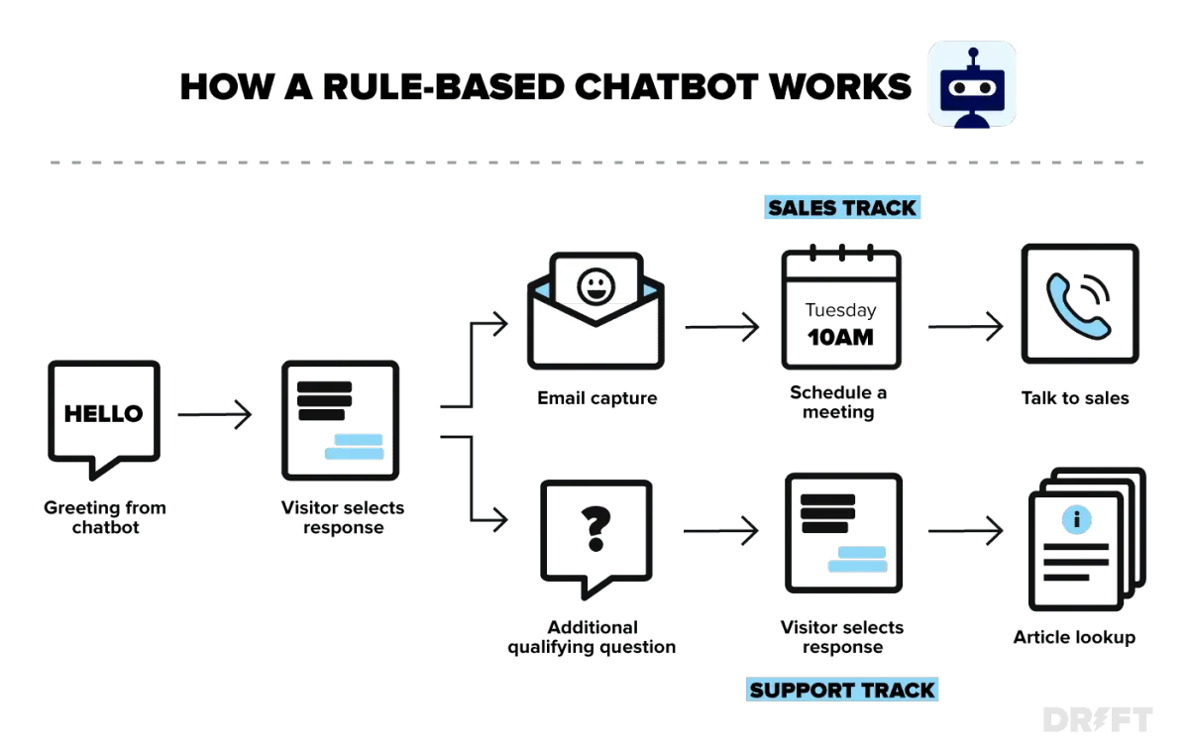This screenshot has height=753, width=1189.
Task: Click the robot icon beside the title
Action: click(x=972, y=84)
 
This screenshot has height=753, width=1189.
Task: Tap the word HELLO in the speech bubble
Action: click(x=103, y=414)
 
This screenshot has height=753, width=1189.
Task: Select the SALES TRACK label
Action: click(x=842, y=207)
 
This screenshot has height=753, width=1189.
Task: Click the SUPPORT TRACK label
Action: click(x=842, y=690)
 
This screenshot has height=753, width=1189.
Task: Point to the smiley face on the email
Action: click(x=596, y=287)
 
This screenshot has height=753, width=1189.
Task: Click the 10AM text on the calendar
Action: click(x=840, y=338)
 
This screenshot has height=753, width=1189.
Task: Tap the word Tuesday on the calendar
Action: click(x=841, y=310)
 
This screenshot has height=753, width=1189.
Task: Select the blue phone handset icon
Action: click(x=1078, y=307)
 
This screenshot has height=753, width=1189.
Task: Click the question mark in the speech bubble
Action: click(x=596, y=529)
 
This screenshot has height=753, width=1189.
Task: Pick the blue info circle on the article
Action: click(x=1076, y=519)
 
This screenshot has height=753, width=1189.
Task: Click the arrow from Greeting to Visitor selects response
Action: click(x=214, y=414)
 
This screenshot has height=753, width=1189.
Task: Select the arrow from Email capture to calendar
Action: click(x=722, y=327)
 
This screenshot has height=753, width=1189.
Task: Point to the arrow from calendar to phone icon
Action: click(x=965, y=326)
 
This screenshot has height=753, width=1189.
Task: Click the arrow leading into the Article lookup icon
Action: click(x=965, y=530)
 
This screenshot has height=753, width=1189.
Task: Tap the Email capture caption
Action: click(x=597, y=398)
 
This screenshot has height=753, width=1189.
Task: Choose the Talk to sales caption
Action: click(x=1075, y=398)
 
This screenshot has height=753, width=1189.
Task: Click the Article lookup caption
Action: click(x=1074, y=637)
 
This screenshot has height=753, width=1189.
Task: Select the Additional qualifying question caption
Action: click(x=592, y=637)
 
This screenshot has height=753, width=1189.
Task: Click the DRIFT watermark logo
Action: click(x=1098, y=719)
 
